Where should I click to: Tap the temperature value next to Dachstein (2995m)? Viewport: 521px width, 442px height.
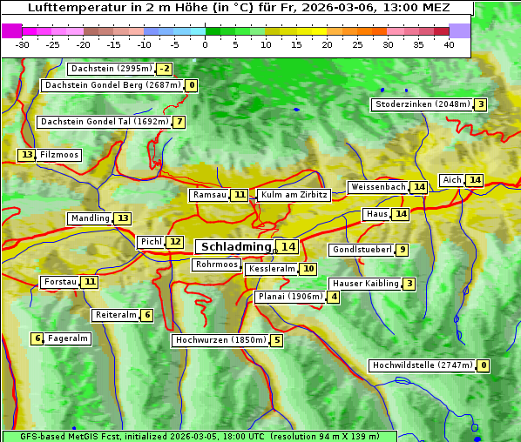165,69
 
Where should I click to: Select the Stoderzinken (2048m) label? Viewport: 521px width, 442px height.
422,104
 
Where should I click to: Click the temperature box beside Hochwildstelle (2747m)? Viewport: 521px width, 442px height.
483,366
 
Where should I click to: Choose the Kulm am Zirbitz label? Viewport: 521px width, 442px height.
294,195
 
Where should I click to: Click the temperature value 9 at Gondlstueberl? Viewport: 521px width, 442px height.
401,251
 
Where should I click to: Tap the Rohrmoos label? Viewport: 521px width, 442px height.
216,265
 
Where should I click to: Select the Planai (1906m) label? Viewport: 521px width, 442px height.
290,297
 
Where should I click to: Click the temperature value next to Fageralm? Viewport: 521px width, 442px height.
37,338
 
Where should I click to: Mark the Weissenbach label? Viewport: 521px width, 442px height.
377,187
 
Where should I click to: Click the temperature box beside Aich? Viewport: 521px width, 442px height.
474,180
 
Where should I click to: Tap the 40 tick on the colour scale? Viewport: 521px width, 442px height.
449,44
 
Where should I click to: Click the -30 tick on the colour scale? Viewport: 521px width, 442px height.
23,44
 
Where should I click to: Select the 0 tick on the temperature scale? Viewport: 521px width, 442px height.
206,44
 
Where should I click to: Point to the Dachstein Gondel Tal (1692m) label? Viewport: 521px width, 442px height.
105,122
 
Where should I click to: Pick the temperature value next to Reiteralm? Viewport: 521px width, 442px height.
146,315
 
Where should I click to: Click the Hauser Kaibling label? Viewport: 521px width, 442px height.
364,284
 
